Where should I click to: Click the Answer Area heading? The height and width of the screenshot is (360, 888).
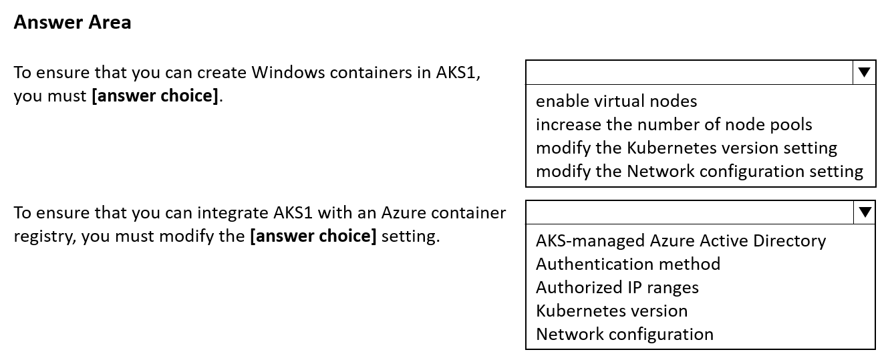point(73,22)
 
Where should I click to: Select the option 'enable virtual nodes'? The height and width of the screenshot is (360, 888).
point(616,101)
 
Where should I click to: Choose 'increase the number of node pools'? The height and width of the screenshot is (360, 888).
point(674,124)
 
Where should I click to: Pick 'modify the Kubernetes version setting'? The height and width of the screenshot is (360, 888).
point(686,148)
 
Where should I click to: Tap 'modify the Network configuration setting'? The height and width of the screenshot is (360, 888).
point(700,171)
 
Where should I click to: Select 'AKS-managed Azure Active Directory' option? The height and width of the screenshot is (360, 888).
point(681,240)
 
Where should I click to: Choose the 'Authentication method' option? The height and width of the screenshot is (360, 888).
point(628,264)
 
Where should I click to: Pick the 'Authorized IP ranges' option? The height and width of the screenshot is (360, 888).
point(617,287)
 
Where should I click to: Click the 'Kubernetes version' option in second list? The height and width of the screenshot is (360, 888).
point(611,311)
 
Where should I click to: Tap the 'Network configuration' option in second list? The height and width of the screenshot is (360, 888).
point(624,334)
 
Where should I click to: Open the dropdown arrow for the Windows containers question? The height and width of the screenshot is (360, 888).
point(864,72)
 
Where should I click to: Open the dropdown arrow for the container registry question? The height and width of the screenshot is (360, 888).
point(865,212)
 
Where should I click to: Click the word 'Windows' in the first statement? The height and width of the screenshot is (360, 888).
point(288,72)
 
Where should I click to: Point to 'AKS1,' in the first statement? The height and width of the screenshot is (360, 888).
point(458,73)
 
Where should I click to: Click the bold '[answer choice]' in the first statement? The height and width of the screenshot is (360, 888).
point(155,96)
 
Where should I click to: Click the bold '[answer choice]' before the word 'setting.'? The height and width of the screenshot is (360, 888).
point(313,236)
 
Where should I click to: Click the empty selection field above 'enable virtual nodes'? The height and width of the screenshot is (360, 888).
point(690,72)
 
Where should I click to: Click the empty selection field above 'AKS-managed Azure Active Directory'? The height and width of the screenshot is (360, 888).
point(690,212)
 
